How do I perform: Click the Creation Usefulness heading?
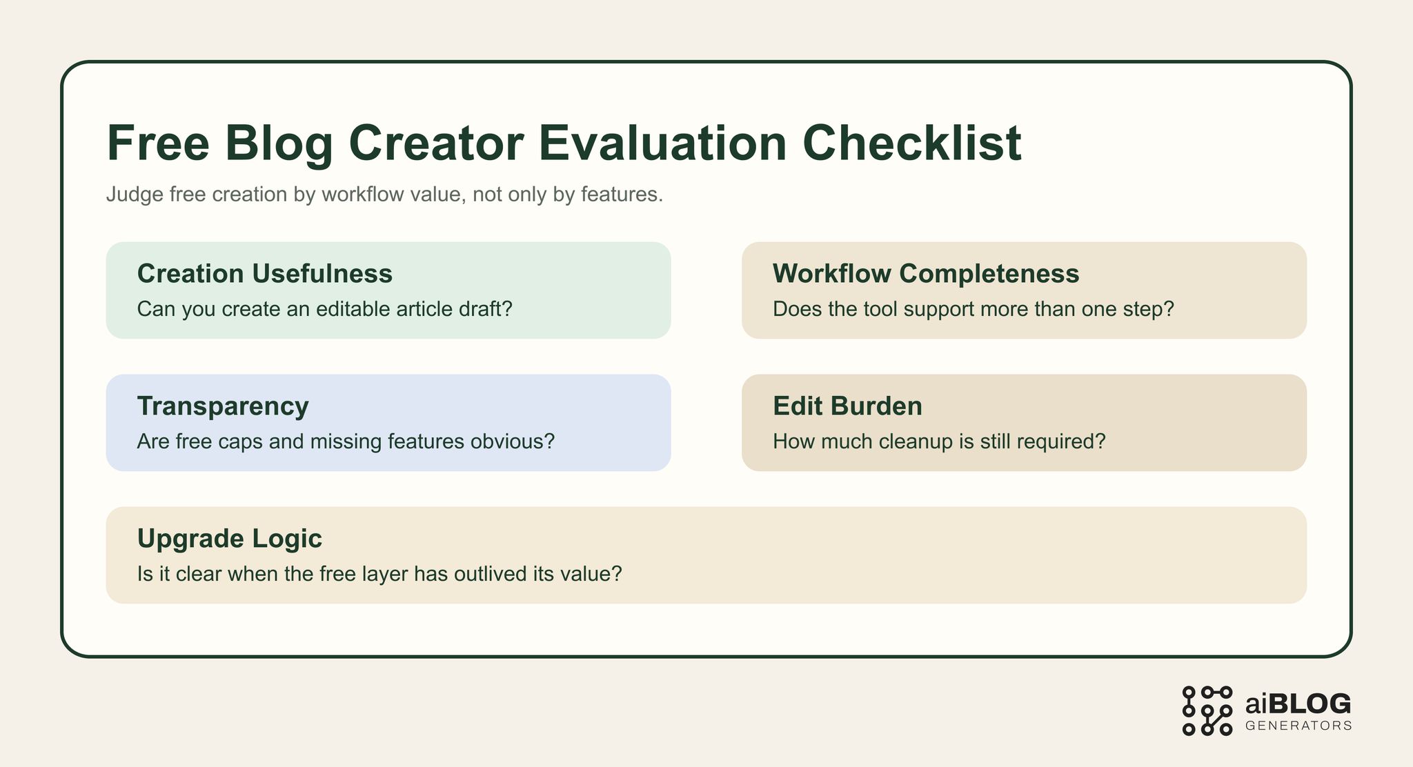[x=265, y=274]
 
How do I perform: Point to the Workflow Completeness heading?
[x=926, y=274]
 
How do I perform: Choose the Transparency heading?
[x=223, y=406]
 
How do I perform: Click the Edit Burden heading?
[x=847, y=406]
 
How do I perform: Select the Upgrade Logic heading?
[x=230, y=539]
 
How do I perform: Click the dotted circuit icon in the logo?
[x=1207, y=710]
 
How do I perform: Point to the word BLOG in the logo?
[x=1309, y=704]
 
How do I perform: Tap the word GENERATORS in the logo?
[x=1298, y=726]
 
